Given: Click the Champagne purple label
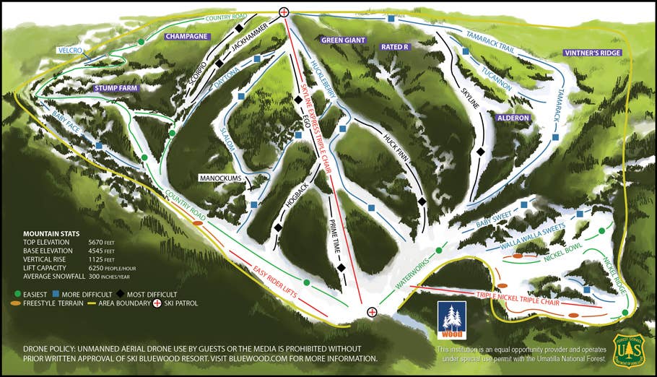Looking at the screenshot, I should [187, 36].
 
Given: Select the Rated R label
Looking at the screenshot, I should [395, 47].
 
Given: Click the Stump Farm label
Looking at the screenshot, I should [116, 88].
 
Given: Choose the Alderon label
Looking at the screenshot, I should [513, 118].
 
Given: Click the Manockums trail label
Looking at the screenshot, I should [222, 177].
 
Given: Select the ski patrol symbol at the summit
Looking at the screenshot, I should [284, 12].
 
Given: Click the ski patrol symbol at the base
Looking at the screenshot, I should [372, 312].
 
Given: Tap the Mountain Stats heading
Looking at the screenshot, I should [53, 234].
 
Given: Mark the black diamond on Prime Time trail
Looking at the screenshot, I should [341, 268].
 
